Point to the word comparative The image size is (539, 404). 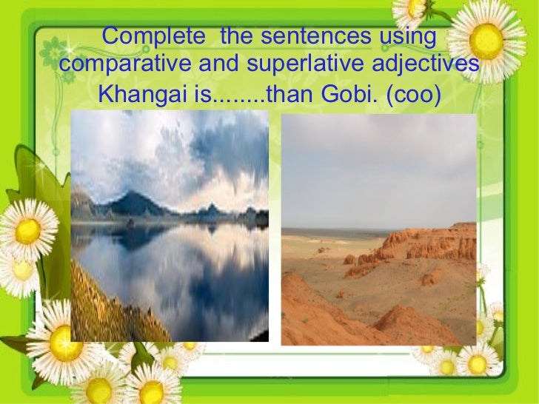tap(123, 65)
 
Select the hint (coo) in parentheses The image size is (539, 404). tap(406, 95)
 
